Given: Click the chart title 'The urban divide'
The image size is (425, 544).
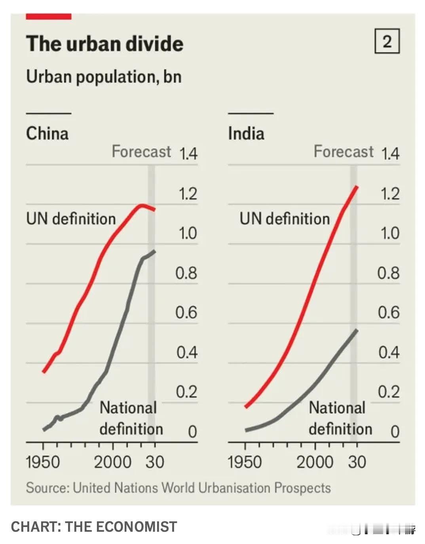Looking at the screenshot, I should (104, 44).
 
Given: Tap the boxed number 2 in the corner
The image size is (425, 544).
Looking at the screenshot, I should (387, 41).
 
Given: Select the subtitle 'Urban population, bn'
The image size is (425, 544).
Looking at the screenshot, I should (104, 76).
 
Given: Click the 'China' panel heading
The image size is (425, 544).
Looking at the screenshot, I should (47, 133).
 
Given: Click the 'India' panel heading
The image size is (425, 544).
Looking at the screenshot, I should (246, 133).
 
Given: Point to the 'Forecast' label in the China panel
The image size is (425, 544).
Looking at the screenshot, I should (141, 151).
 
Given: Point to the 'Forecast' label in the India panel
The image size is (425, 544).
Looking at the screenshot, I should (343, 151).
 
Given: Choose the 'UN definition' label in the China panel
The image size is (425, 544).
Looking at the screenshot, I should (71, 219).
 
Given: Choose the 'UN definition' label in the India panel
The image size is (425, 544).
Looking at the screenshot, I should (285, 219).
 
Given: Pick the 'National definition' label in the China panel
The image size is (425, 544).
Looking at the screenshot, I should (131, 418).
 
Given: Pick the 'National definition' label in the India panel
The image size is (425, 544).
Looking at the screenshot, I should (340, 418).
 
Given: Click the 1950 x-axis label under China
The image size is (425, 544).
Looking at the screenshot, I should (43, 462).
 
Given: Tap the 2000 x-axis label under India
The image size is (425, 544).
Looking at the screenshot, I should (315, 462).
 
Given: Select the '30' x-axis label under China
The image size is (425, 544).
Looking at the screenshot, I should (155, 462).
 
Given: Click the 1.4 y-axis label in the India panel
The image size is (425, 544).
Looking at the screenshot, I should (390, 154).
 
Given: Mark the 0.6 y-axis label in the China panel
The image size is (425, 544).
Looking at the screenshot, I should (186, 313).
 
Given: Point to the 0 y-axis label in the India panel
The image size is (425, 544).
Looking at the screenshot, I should (395, 431).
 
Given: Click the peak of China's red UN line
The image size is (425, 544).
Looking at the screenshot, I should (142, 205).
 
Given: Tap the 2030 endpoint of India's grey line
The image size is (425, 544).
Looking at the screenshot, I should (357, 330).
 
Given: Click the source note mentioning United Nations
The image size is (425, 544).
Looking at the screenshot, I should (178, 488).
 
